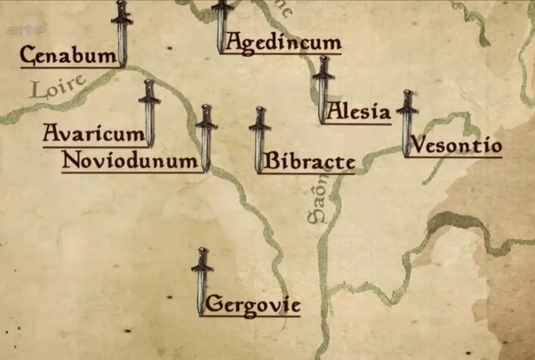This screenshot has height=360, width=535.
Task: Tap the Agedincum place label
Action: tap(283, 42)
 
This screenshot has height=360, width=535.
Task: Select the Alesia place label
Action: tap(358, 112)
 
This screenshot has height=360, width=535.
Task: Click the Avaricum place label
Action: tap(93, 134)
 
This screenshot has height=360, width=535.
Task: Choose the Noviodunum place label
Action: tap(129, 161)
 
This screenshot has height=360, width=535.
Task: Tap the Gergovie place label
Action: tap(253, 306)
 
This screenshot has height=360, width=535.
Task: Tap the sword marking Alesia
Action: tap(323, 89)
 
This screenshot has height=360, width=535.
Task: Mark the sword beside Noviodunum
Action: tap(206, 137)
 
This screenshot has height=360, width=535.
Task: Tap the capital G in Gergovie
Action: tap(212, 307)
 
